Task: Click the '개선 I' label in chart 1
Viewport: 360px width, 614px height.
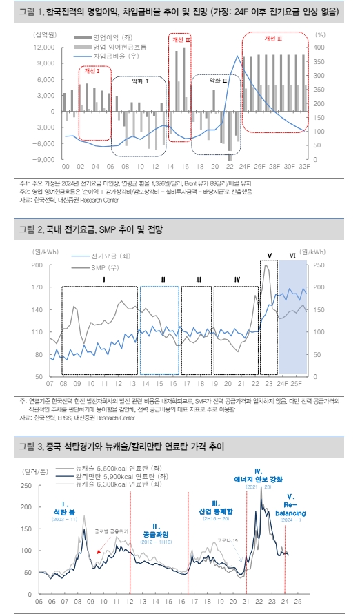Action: [x=92, y=70]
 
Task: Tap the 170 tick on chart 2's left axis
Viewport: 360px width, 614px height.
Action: [x=37, y=287]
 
